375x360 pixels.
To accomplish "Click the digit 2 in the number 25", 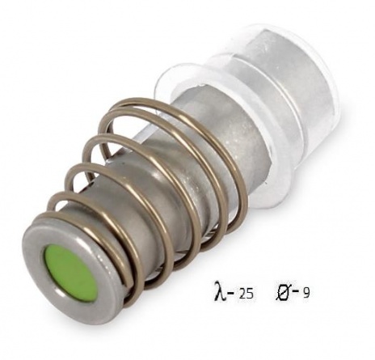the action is coord(242,294).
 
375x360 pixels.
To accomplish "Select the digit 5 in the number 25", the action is coord(250,294).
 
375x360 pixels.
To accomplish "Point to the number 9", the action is coord(306,293).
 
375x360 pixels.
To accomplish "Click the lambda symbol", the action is coord(219,290).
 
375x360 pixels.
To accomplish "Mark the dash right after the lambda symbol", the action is coord(230,292).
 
